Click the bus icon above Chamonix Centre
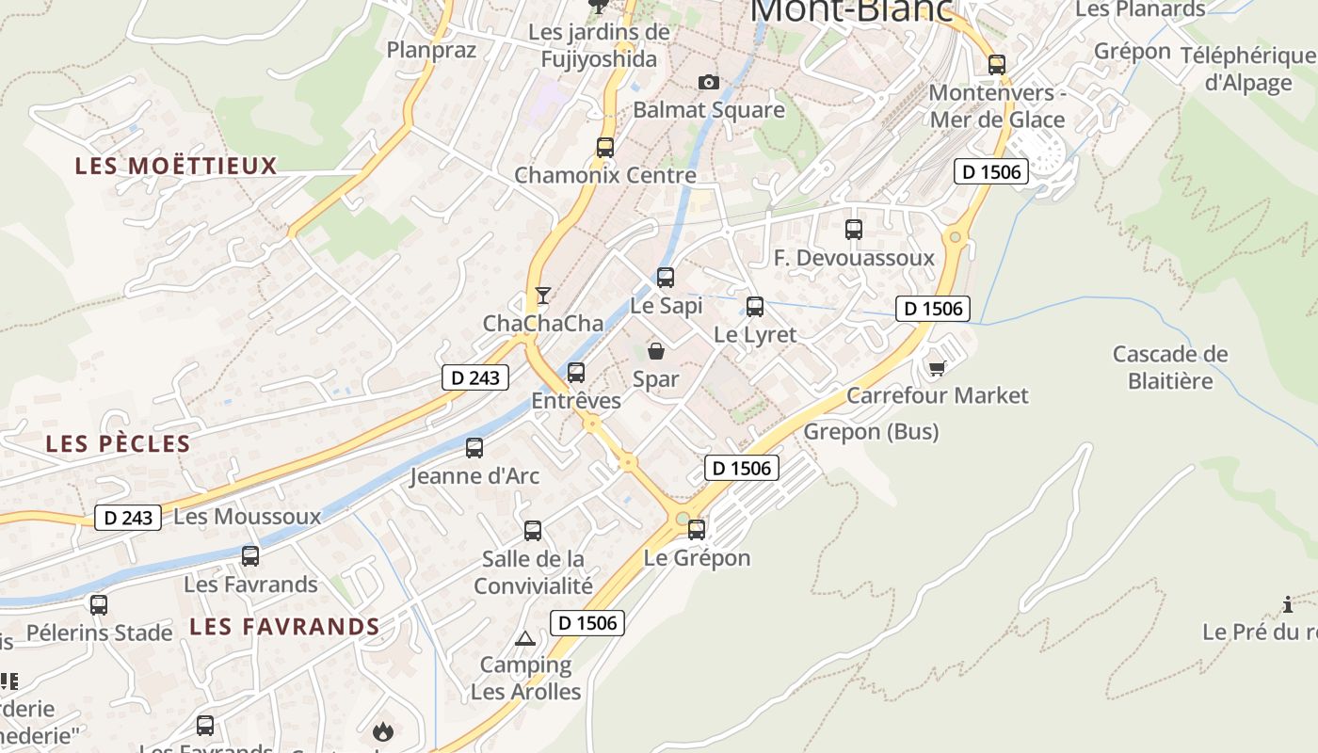tap(604, 148)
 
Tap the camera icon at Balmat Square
tap(709, 83)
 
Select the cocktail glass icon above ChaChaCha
tap(542, 296)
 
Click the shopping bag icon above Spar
tap(656, 352)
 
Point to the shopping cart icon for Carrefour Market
tap(936, 367)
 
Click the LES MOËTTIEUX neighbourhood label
tap(176, 167)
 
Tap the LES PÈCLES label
tap(119, 444)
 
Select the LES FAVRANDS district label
tap(284, 627)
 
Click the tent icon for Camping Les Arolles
tap(525, 639)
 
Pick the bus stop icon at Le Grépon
tap(697, 530)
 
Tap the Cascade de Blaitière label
tap(1170, 367)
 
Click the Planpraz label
tap(432, 50)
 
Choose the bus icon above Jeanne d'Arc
tap(474, 448)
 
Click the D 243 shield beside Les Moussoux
tap(128, 518)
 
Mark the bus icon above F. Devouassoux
tap(854, 230)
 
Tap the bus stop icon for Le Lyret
tap(755, 307)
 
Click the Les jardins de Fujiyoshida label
tap(599, 45)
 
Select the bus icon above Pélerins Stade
tap(99, 605)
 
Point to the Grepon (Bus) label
tap(871, 432)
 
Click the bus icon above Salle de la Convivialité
tap(533, 531)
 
